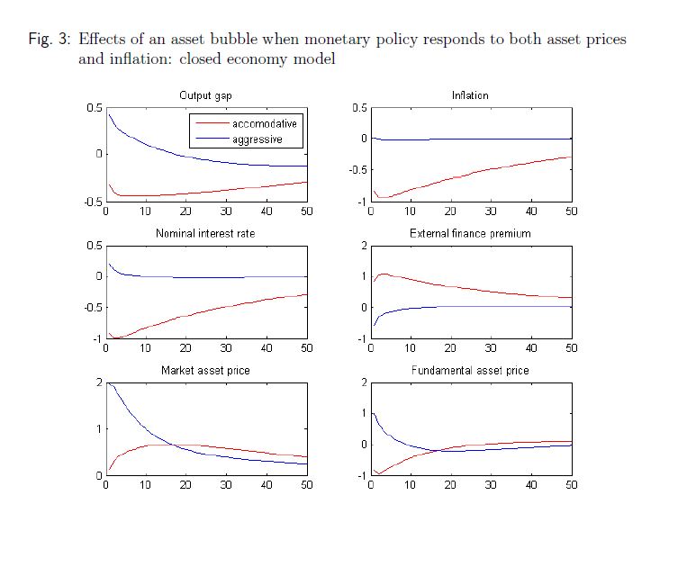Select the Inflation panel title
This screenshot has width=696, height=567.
click(470, 95)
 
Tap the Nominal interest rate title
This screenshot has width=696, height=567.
click(205, 233)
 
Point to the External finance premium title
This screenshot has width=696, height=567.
click(470, 233)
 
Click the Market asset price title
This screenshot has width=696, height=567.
click(205, 371)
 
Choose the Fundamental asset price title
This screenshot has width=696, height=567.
click(470, 371)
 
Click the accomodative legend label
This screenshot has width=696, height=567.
click(265, 123)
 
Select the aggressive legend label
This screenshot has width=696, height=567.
click(257, 139)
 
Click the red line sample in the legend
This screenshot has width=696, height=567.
click(212, 123)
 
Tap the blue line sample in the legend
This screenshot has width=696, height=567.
click(212, 139)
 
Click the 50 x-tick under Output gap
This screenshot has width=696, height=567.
click(305, 211)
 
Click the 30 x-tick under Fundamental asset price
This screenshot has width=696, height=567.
click(491, 485)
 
